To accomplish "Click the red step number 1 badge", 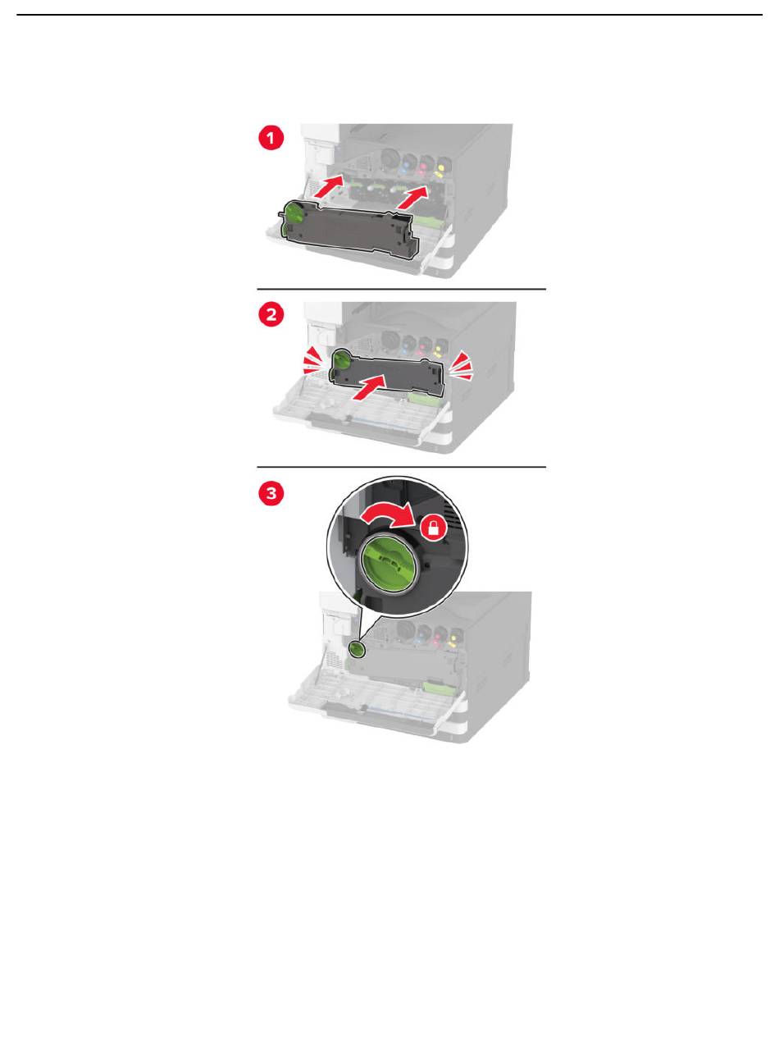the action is [271, 139].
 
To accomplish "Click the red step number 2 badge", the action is [271, 314].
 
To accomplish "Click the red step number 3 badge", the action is [271, 493].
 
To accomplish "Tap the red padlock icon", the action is [434, 528].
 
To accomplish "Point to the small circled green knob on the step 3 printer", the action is [357, 650].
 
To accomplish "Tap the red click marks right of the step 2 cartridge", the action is [461, 365].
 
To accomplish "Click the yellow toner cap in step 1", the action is [441, 167].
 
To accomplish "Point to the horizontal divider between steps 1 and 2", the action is [401, 289].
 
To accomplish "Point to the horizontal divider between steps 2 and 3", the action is [401, 467].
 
